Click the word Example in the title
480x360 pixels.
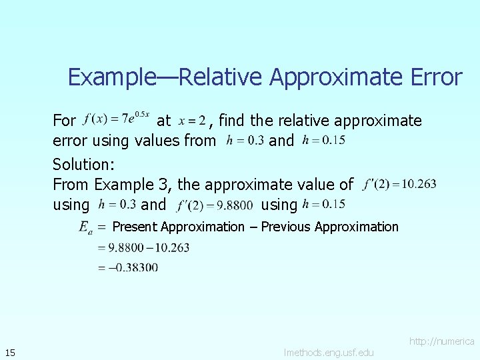110,77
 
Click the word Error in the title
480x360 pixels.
433,77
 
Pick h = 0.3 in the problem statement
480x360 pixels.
245,141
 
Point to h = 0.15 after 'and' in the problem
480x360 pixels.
323,141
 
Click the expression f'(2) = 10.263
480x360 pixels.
401,184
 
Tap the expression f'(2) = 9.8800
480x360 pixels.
215,204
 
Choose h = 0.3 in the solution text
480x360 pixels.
117,203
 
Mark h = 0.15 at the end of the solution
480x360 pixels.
323,204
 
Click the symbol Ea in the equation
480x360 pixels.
85,227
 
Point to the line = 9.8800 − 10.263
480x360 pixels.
143,247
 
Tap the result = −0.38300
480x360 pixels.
127,267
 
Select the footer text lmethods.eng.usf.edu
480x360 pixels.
328,351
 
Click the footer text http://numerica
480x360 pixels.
441,341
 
